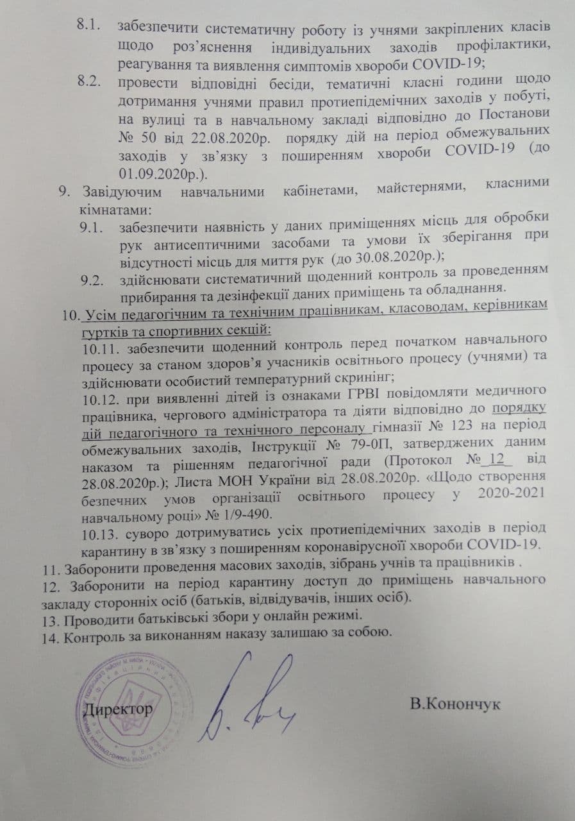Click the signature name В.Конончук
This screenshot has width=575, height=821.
coord(455,704)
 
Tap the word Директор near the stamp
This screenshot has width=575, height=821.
coord(119,710)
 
